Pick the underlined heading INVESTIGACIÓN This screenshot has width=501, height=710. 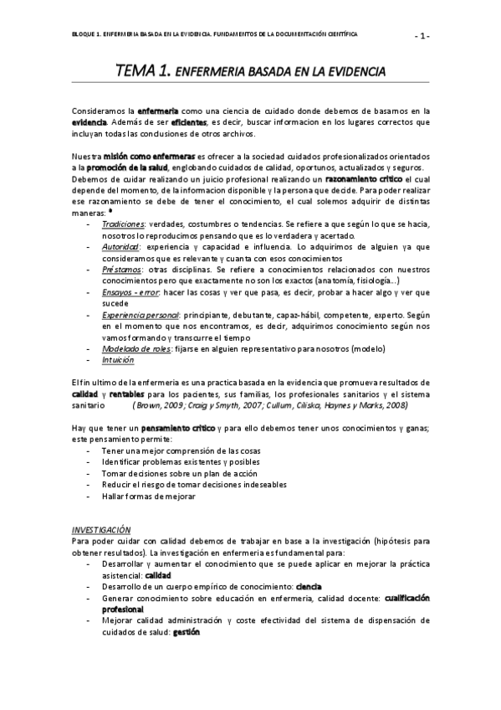[101, 530]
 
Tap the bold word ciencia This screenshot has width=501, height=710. [309, 587]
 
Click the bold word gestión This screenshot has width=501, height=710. [187, 632]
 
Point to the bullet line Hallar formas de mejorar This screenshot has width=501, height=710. [148, 496]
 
